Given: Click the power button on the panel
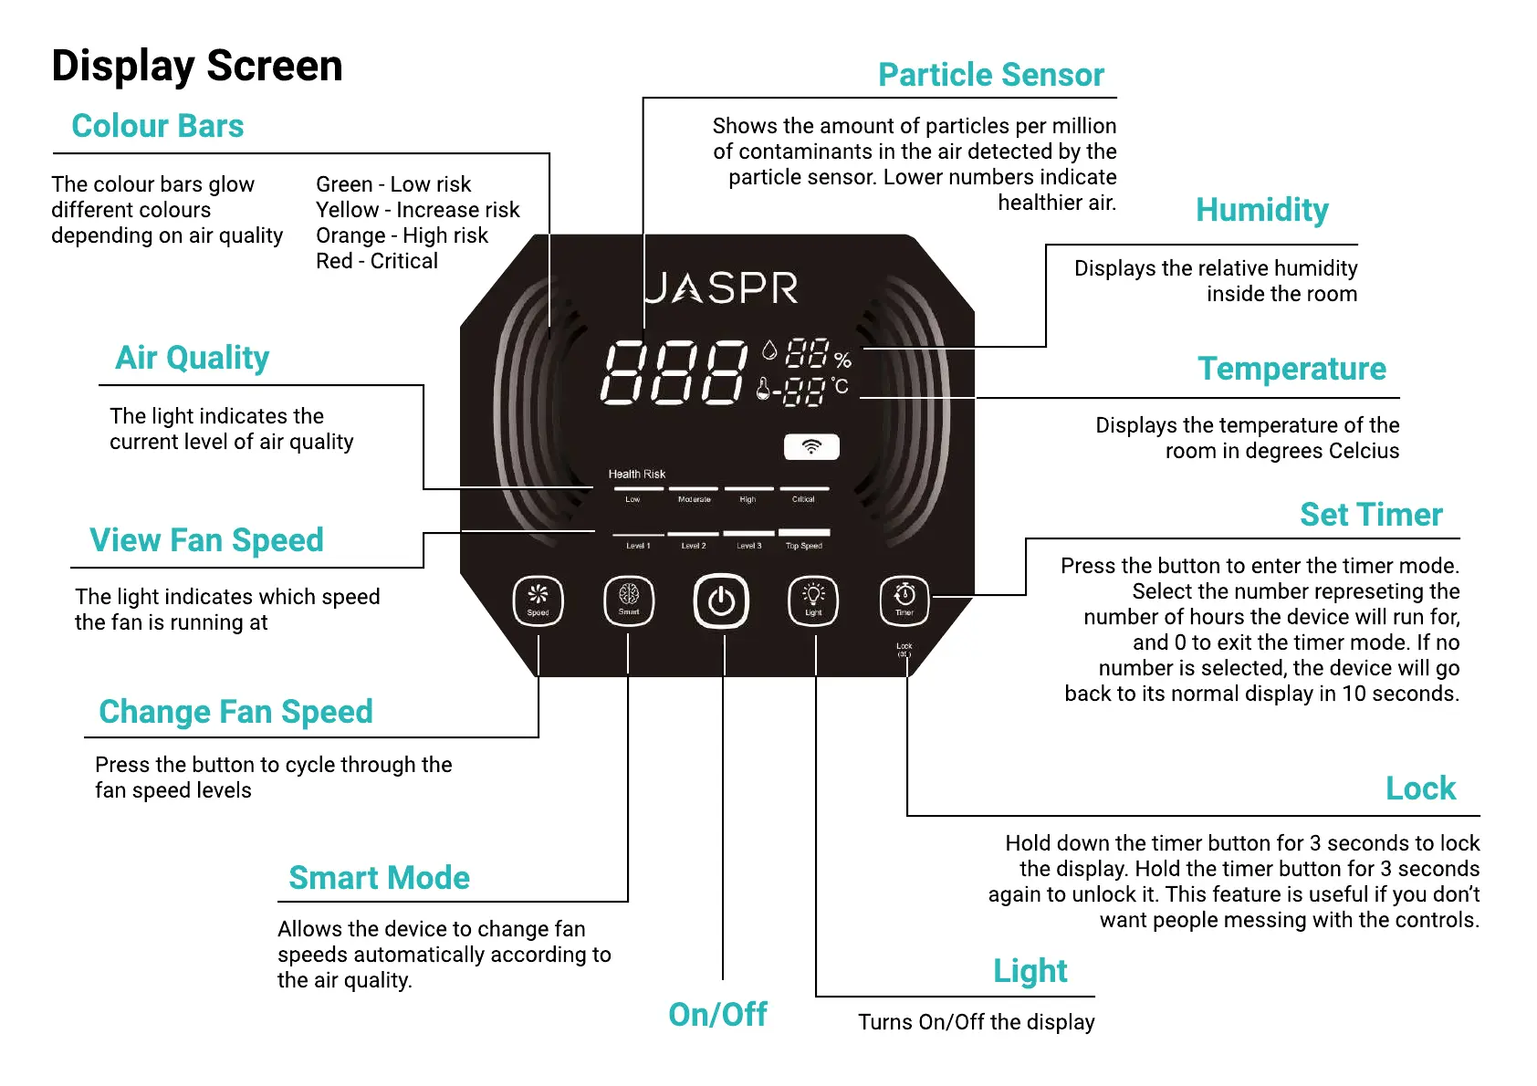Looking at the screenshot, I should (721, 601).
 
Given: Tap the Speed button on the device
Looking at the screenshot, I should (538, 600).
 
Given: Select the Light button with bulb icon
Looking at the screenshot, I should (813, 600).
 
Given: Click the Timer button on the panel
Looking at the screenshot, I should (904, 600).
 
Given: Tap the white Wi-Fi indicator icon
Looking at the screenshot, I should (811, 447).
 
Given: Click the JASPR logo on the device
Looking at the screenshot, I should (721, 288).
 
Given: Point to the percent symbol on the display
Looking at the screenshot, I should (842, 360).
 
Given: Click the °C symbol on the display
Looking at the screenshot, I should (840, 387).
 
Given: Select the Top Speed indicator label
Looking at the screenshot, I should (804, 546).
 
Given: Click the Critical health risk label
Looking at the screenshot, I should (803, 499).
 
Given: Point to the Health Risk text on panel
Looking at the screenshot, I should (637, 475).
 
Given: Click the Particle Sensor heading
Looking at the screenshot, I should (991, 75).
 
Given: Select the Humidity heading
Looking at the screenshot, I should (1262, 210).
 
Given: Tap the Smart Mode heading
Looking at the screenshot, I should (379, 878).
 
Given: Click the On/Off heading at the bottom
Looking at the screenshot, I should (717, 1015).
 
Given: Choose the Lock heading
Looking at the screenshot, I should (1420, 788).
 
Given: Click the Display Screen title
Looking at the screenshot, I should (197, 67).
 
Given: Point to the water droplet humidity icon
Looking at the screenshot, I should (769, 350).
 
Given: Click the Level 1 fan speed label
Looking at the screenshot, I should (638, 546).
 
